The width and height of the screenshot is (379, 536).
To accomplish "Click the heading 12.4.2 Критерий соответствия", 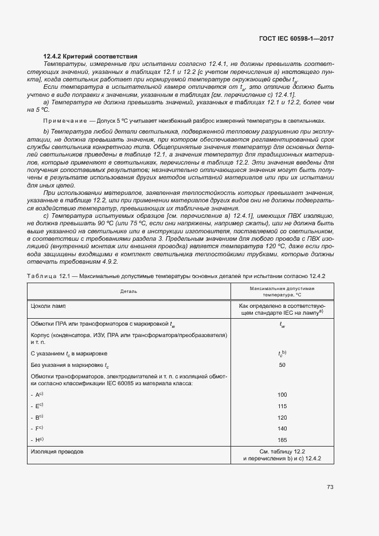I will coord(90,56).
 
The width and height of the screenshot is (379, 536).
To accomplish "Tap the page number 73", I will coord(330,487).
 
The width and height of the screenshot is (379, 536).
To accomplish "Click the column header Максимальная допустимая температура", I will coord(282,291).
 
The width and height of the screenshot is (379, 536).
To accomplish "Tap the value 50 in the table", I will coord(282,365).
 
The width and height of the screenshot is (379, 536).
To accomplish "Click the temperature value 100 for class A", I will coord(282,395).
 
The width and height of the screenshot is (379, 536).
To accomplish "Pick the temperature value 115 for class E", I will coord(282,406).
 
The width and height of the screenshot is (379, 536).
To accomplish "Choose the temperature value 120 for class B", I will coord(282,417).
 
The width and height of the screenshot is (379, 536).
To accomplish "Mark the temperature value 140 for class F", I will coord(282,428).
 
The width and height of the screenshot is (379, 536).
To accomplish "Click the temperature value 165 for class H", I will coord(282,440).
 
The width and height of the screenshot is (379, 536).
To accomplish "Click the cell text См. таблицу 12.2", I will coord(282,452).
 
